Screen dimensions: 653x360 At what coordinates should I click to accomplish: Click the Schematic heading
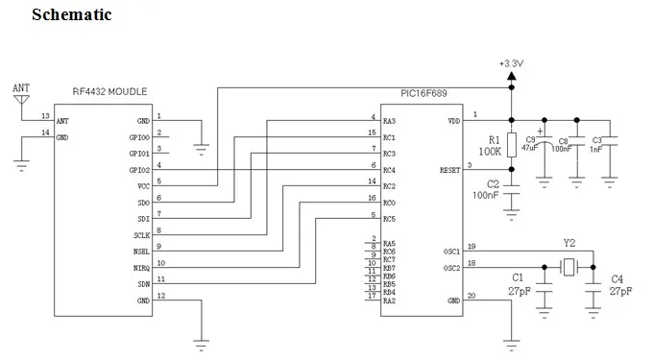[x=72, y=14]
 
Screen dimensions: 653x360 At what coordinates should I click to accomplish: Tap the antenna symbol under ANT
[x=21, y=100]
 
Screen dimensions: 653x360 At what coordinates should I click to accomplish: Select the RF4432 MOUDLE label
[x=109, y=91]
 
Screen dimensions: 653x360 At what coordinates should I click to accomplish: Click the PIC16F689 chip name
[x=423, y=93]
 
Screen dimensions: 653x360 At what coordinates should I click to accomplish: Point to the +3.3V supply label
[x=511, y=63]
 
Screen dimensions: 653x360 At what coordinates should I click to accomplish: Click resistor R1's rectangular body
[x=512, y=145]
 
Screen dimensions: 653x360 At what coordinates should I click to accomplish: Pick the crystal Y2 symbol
[x=568, y=267]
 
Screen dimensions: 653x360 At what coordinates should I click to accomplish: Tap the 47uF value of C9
[x=529, y=148]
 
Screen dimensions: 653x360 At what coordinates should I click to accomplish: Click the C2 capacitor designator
[x=493, y=184]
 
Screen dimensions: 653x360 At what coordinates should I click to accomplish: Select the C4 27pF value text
[x=620, y=291]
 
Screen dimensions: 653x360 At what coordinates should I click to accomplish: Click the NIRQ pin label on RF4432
[x=141, y=269]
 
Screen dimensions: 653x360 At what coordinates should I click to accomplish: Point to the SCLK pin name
[x=141, y=235]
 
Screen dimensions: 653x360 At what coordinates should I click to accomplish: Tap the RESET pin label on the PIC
[x=449, y=170]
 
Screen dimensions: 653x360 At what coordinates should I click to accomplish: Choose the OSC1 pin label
[x=452, y=252]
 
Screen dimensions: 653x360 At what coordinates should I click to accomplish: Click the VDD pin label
[x=454, y=121]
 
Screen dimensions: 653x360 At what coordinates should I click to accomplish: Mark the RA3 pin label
[x=389, y=121]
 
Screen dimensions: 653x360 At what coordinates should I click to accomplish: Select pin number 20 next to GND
[x=472, y=296]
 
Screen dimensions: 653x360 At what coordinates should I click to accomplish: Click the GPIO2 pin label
[x=139, y=170]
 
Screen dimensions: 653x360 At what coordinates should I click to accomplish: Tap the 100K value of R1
[x=490, y=152]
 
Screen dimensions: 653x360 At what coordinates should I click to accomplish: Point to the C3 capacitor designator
[x=596, y=141]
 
